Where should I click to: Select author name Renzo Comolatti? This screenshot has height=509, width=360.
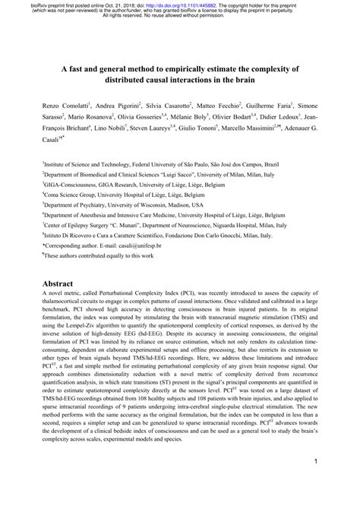point(65,104)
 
